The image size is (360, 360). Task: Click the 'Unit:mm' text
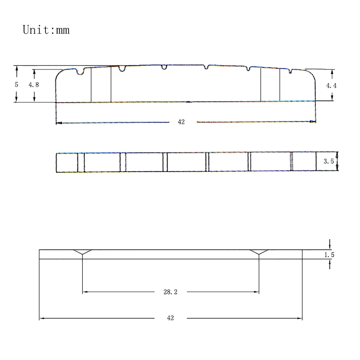point(46,30)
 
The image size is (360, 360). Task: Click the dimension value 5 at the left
point(16,85)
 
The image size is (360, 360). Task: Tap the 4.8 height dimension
point(34,85)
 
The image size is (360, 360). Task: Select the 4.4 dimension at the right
point(331,86)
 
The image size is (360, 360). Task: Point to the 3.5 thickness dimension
point(328,161)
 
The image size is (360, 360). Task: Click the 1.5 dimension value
point(329,255)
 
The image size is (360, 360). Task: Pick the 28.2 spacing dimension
point(170,292)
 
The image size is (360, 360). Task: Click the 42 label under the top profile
point(181,122)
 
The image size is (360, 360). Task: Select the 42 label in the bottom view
point(170,318)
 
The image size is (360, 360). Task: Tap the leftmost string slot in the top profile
point(80,72)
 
